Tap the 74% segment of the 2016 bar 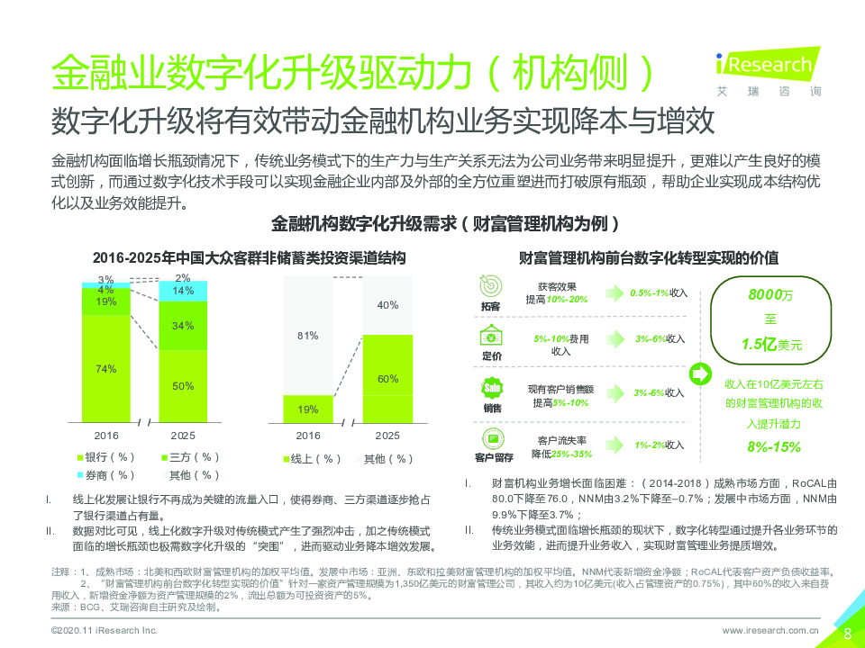click(106, 369)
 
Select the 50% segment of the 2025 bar click(183, 386)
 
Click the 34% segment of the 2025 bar click(183, 325)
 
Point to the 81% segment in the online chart click(308, 336)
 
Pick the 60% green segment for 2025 click(387, 379)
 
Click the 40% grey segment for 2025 click(387, 306)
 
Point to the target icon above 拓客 click(492, 283)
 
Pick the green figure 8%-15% click(773, 446)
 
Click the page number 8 click(847, 632)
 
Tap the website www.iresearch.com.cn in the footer click(770, 632)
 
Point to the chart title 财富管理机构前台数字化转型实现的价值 click(649, 257)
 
